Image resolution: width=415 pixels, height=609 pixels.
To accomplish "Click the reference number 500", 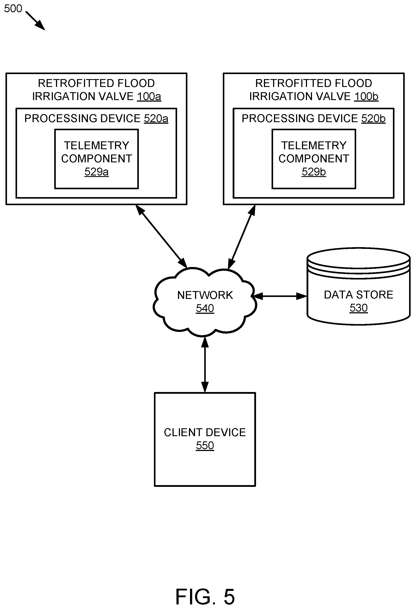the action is coord(13,9).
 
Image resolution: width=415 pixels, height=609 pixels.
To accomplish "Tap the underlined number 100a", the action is coord(149,96).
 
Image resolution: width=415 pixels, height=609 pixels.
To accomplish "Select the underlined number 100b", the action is coord(366,96).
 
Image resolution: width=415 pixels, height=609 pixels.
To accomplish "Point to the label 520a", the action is coord(156,118).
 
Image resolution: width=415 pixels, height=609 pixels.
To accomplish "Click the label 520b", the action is coord(373,118).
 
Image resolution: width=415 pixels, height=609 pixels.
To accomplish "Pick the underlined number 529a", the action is coord(96,172).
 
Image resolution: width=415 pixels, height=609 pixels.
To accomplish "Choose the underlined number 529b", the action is coord(314,172).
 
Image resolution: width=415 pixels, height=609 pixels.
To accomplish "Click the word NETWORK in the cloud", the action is coord(205,295).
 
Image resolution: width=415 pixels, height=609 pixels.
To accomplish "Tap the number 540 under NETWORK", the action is coord(205,308).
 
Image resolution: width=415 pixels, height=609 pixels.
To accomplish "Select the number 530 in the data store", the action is coord(359,308).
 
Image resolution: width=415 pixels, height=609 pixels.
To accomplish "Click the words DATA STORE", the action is coord(359,295).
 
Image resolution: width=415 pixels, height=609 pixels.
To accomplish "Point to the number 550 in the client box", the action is coord(205,446).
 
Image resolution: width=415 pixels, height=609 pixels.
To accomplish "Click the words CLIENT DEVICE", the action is coord(205,432).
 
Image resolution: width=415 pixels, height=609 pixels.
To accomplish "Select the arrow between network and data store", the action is coord(280,296).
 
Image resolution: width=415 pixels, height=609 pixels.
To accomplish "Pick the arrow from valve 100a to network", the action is coord(162,236).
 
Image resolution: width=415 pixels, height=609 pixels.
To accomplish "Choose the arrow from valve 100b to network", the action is coord(241,237).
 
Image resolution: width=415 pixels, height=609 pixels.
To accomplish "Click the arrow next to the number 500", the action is coord(35,21).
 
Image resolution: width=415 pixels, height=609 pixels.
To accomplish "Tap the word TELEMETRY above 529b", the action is coord(314,146).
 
